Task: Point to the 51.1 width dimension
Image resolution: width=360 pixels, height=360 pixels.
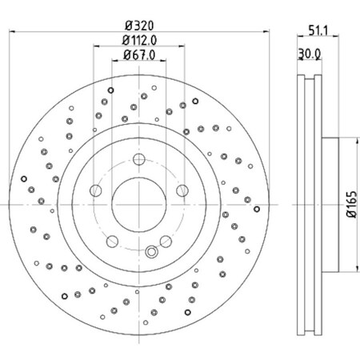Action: [x=318, y=33]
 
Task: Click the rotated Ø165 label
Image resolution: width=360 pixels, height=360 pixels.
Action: [x=350, y=205]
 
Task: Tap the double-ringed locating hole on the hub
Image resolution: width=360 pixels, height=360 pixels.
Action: [x=151, y=254]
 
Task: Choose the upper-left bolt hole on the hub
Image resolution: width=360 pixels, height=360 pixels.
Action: [x=95, y=190]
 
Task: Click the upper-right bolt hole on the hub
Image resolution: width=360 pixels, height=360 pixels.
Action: [x=182, y=190]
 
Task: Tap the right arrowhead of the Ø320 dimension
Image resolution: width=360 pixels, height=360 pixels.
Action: [x=268, y=30]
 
